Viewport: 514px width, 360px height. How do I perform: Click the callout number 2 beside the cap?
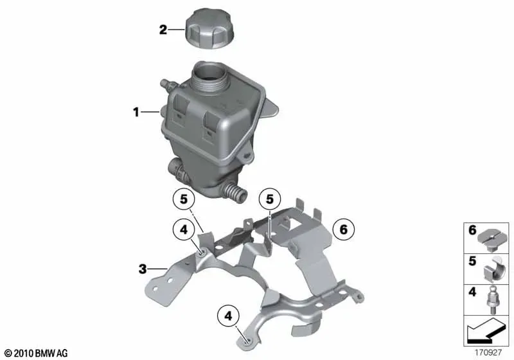click(163, 30)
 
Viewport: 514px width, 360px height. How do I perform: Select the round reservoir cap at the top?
click(210, 29)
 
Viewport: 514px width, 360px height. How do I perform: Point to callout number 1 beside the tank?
click(136, 113)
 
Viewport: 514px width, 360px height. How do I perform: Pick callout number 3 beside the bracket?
click(143, 269)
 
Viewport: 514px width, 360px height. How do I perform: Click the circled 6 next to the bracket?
click(343, 230)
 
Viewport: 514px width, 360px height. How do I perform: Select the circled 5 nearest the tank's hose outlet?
click(269, 199)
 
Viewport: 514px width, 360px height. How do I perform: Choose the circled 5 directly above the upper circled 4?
click(184, 199)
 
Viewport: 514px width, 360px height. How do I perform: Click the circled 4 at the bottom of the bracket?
click(228, 316)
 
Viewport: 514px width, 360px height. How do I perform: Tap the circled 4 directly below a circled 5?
click(184, 230)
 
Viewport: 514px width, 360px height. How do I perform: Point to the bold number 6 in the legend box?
click(472, 230)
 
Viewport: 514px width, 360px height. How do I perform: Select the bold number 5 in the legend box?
click(472, 261)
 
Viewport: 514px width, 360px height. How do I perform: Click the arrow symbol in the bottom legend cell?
click(485, 332)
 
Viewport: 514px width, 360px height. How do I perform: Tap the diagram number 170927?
click(488, 353)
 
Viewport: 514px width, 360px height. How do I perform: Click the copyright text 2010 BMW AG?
click(36, 353)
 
